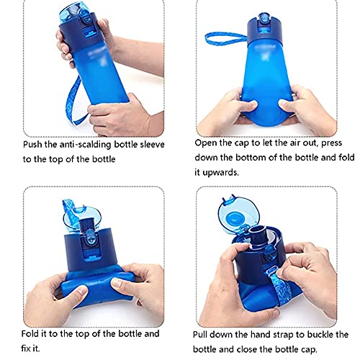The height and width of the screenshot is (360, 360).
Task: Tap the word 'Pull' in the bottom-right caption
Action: pos(204,335)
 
